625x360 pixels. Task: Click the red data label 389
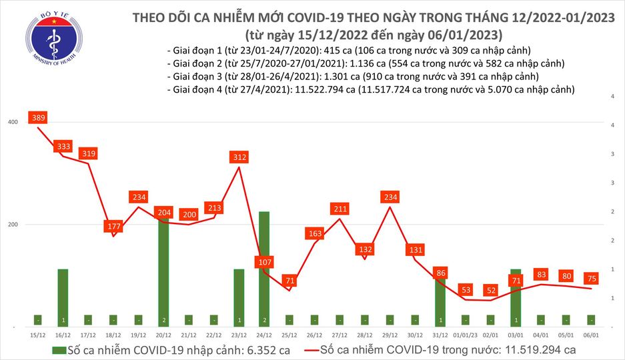38,118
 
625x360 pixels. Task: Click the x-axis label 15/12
38,333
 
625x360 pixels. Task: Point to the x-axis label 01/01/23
466,333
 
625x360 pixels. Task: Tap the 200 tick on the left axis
12,225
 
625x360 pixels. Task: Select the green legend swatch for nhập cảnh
60,349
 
